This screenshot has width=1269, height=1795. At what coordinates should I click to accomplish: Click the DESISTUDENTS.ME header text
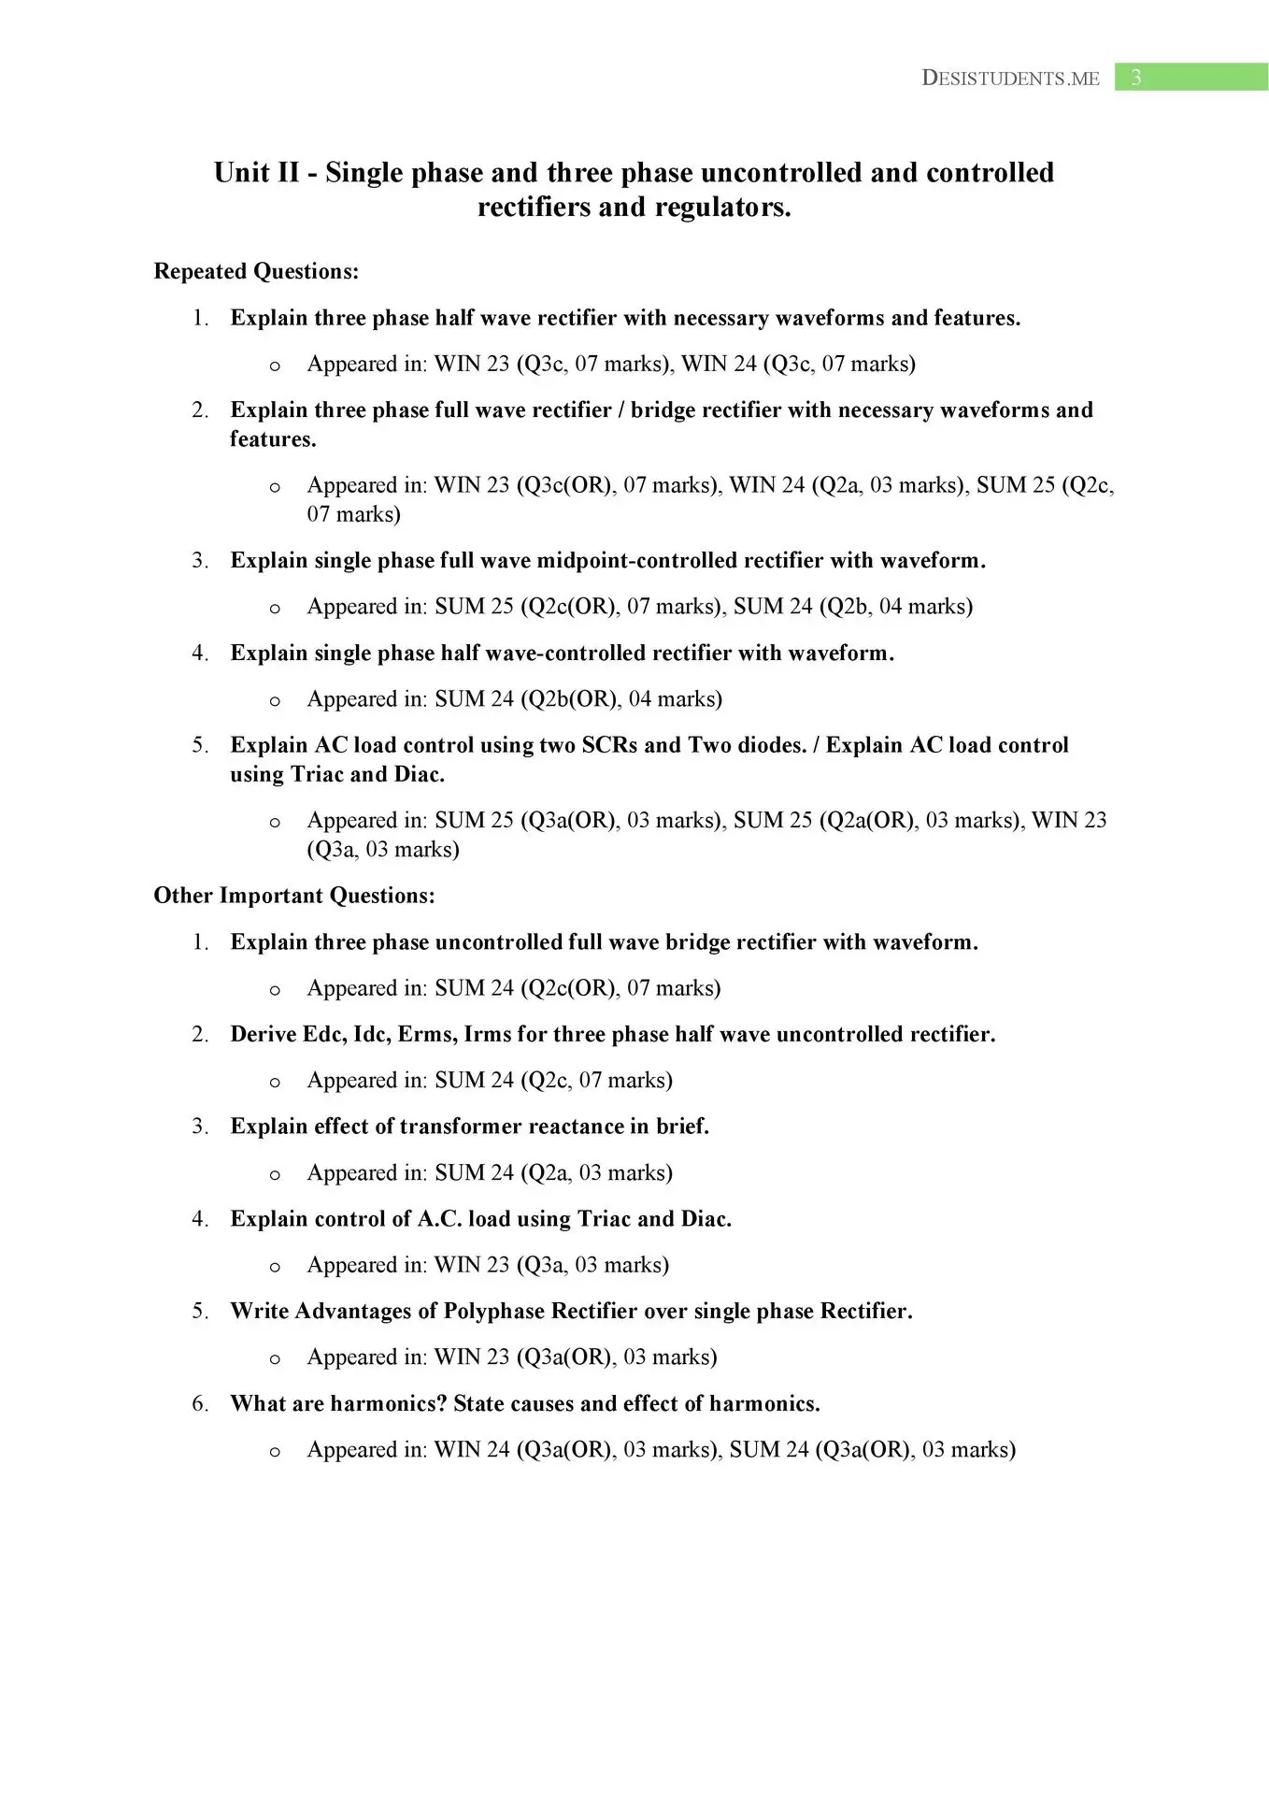point(1010,79)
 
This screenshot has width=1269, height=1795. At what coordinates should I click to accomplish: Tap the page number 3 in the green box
point(1136,78)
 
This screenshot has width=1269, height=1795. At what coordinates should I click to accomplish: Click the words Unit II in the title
point(256,173)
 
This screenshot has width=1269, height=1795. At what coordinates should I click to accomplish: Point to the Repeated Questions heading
point(256,271)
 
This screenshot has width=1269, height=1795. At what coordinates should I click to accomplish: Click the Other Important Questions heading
point(294,896)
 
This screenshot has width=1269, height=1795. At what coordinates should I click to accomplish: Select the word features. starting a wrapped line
point(273,439)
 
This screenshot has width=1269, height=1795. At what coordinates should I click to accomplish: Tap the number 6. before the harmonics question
point(200,1403)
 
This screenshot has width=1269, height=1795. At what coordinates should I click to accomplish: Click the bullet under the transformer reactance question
point(275,1175)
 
